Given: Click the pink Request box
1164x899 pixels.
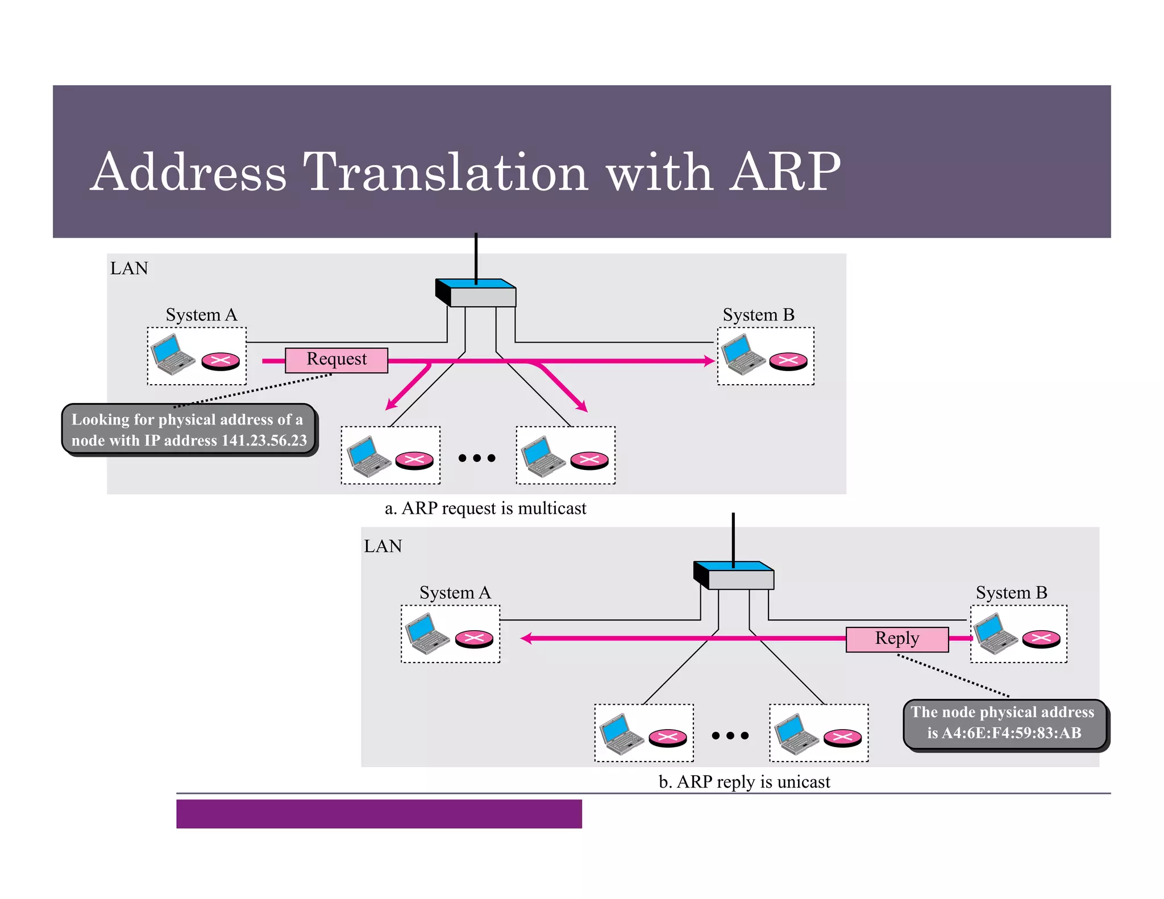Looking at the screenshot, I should point(336,360).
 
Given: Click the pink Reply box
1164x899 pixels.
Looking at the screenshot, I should point(897,639).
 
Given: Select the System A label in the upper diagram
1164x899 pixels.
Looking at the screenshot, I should point(201,315).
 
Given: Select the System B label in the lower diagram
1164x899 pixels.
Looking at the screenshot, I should point(1011,593).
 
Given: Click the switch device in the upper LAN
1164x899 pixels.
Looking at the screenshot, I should point(476,293).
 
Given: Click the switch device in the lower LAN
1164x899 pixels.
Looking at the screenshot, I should point(734,576).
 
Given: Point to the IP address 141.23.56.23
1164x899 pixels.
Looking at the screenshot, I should point(264,440).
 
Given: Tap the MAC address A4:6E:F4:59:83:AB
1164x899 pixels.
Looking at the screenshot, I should point(1012,732).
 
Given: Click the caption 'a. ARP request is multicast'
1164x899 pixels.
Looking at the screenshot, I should point(485,508).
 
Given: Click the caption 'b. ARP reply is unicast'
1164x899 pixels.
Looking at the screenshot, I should point(744,782).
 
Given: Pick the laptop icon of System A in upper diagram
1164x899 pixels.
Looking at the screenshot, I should point(173,355).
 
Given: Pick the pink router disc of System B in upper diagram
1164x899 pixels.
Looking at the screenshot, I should point(788,361).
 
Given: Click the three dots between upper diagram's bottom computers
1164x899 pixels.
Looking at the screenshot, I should point(477,458).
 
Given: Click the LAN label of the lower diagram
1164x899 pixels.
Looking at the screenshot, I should point(383,546).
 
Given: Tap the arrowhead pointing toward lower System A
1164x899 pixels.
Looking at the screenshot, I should point(526,638).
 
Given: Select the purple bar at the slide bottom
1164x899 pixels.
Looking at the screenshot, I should point(379,814).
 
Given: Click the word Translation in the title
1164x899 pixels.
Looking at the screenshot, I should point(445,172).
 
